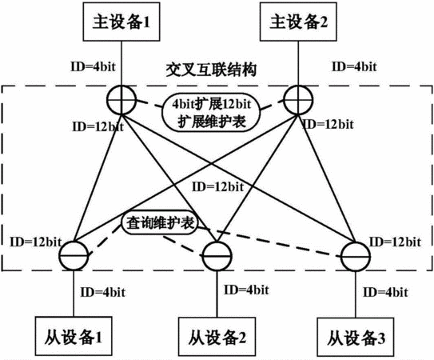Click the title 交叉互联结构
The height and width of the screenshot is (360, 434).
211,70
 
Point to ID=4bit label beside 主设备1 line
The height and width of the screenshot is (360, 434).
93,66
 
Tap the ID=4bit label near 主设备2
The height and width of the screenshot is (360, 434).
354,66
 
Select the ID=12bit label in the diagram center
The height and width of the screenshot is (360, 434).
218,186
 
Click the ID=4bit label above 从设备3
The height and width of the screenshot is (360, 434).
385,292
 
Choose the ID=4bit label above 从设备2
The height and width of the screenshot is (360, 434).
246,290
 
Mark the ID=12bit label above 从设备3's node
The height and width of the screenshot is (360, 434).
396,242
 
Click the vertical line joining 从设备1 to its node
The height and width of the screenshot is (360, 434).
74,294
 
